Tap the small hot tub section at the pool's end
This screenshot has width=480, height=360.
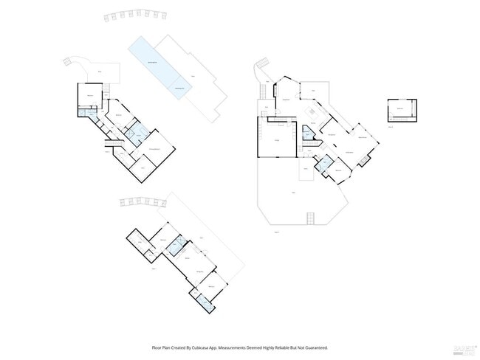[x=179, y=90]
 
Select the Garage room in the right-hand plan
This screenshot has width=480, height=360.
[x=276, y=139]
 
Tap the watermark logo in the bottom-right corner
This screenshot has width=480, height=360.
[x=464, y=348]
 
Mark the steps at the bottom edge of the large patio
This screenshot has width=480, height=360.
[x=312, y=219]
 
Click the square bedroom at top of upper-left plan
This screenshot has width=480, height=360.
[x=89, y=97]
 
